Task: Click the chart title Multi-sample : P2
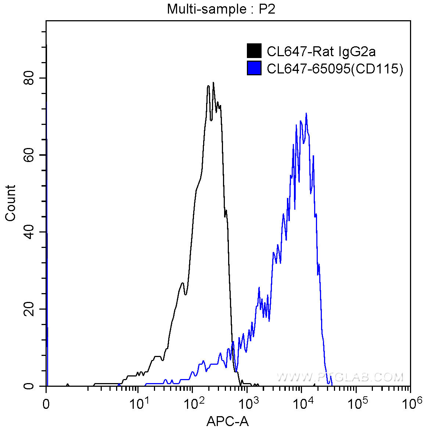(x=221, y=9)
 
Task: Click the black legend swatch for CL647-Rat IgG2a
(x=254, y=51)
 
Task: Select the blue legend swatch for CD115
(x=254, y=68)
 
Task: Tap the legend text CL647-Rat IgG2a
(x=321, y=51)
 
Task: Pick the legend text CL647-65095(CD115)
(x=335, y=69)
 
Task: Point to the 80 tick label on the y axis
(x=29, y=78)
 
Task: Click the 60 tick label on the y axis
(x=29, y=155)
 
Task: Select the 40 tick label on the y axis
(x=29, y=232)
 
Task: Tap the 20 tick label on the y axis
(x=29, y=309)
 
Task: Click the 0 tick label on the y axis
(x=29, y=386)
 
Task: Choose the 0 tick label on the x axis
(x=46, y=404)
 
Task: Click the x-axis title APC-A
(x=228, y=421)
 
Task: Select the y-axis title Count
(x=11, y=203)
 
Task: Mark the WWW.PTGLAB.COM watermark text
(x=340, y=377)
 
